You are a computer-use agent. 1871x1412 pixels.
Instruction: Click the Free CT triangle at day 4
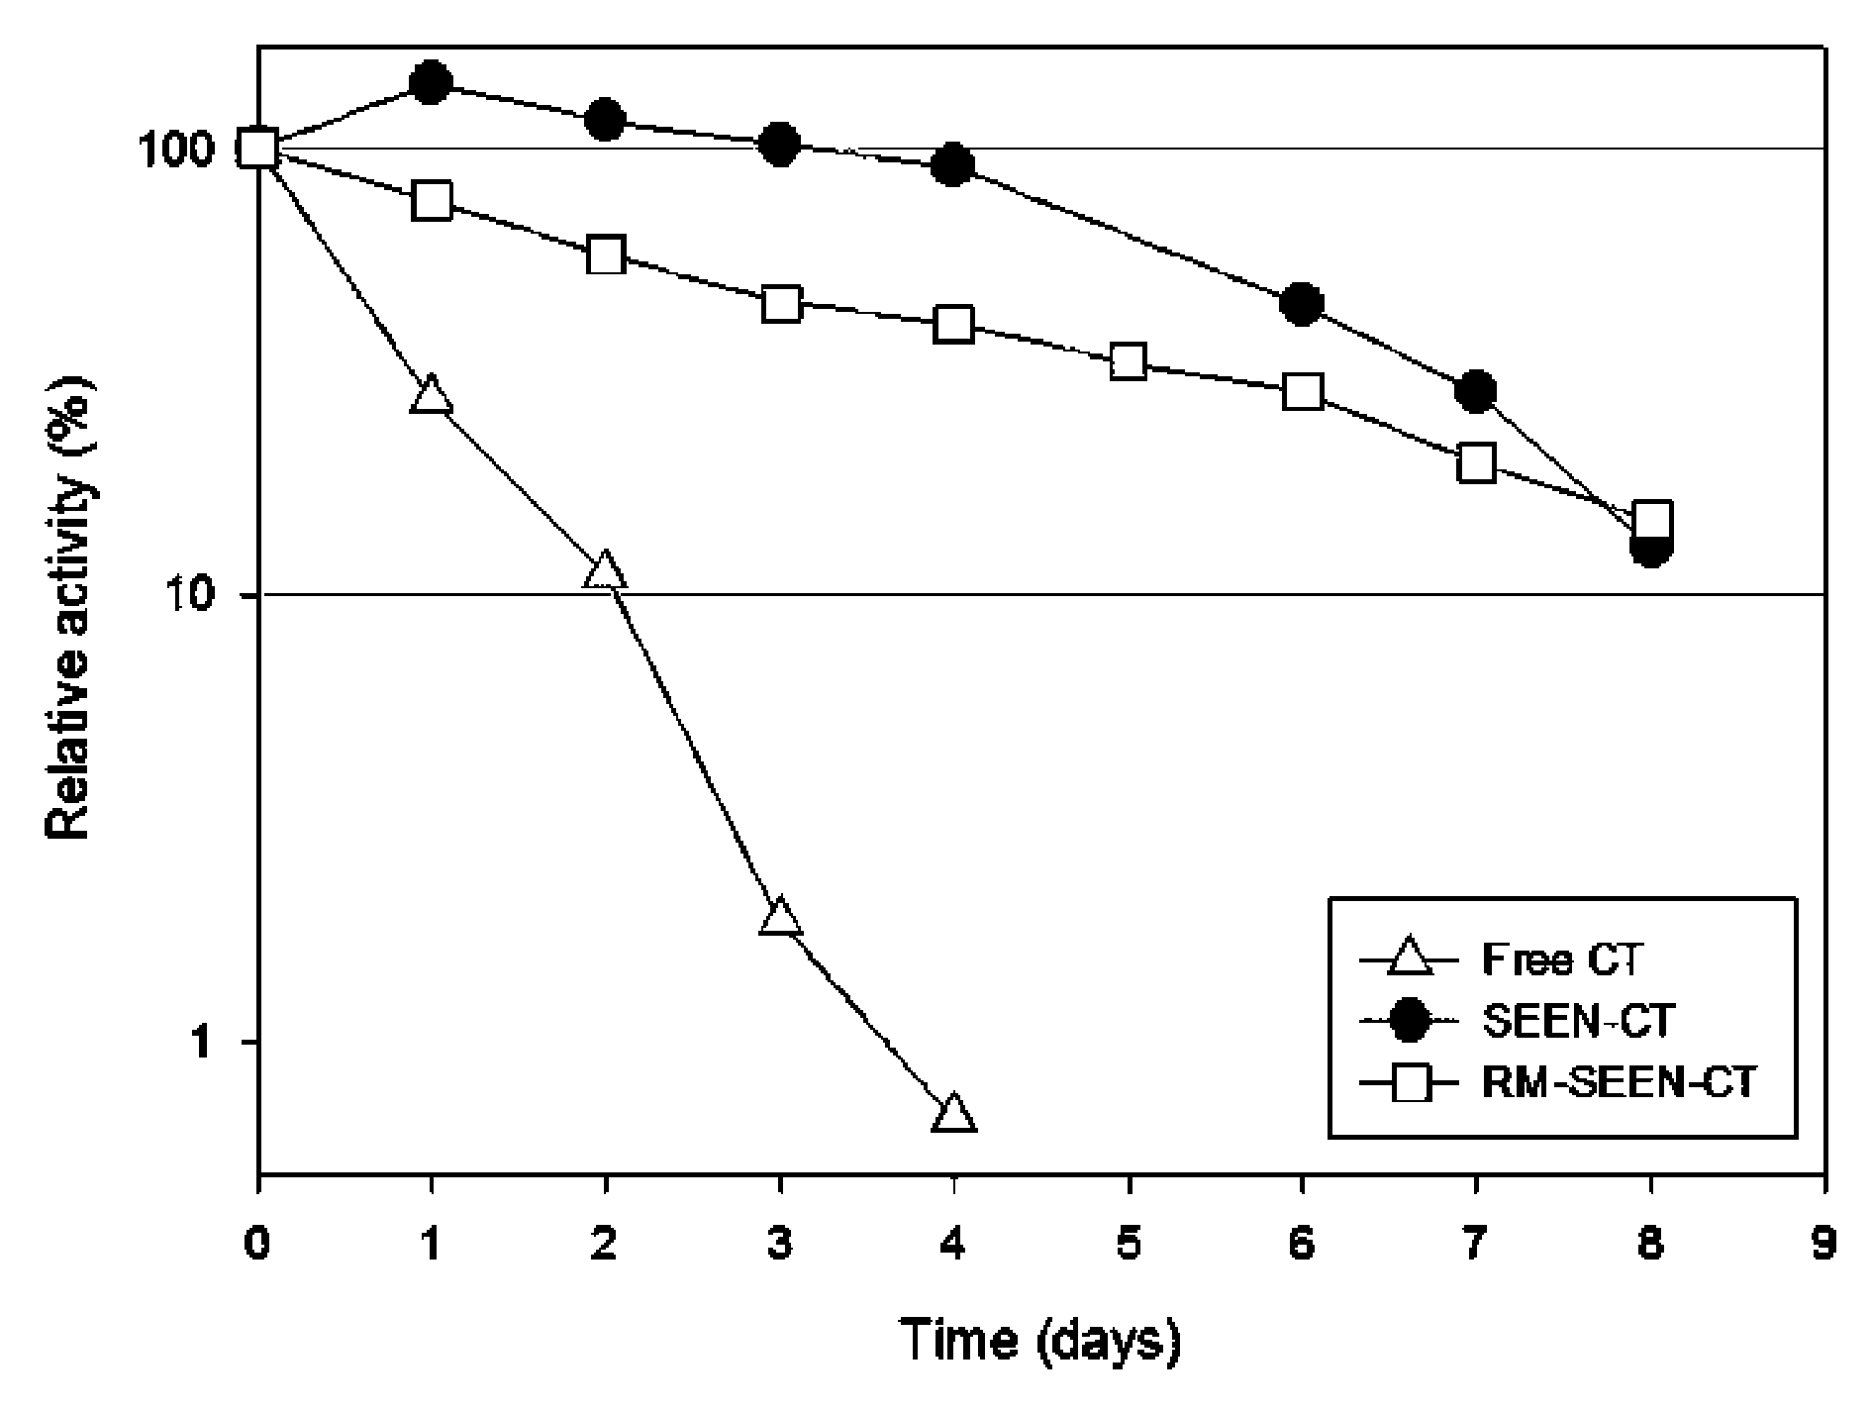(x=953, y=1115)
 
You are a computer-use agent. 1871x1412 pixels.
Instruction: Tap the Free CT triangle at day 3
(x=780, y=916)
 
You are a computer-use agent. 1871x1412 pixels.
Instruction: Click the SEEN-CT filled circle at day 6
(x=1302, y=303)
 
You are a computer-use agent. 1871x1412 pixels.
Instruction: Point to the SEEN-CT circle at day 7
(x=1476, y=392)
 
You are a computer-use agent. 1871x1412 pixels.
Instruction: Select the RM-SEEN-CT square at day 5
(x=1129, y=361)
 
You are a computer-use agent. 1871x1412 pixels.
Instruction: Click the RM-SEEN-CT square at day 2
(x=606, y=255)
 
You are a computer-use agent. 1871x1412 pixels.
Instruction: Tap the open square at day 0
(x=258, y=149)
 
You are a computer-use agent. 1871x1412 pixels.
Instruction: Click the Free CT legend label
(x=1563, y=958)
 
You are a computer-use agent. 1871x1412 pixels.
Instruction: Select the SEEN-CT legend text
(x=1577, y=1020)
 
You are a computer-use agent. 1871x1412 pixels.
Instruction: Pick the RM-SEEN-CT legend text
(x=1619, y=1081)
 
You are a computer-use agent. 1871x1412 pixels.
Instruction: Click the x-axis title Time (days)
(x=1040, y=1342)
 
